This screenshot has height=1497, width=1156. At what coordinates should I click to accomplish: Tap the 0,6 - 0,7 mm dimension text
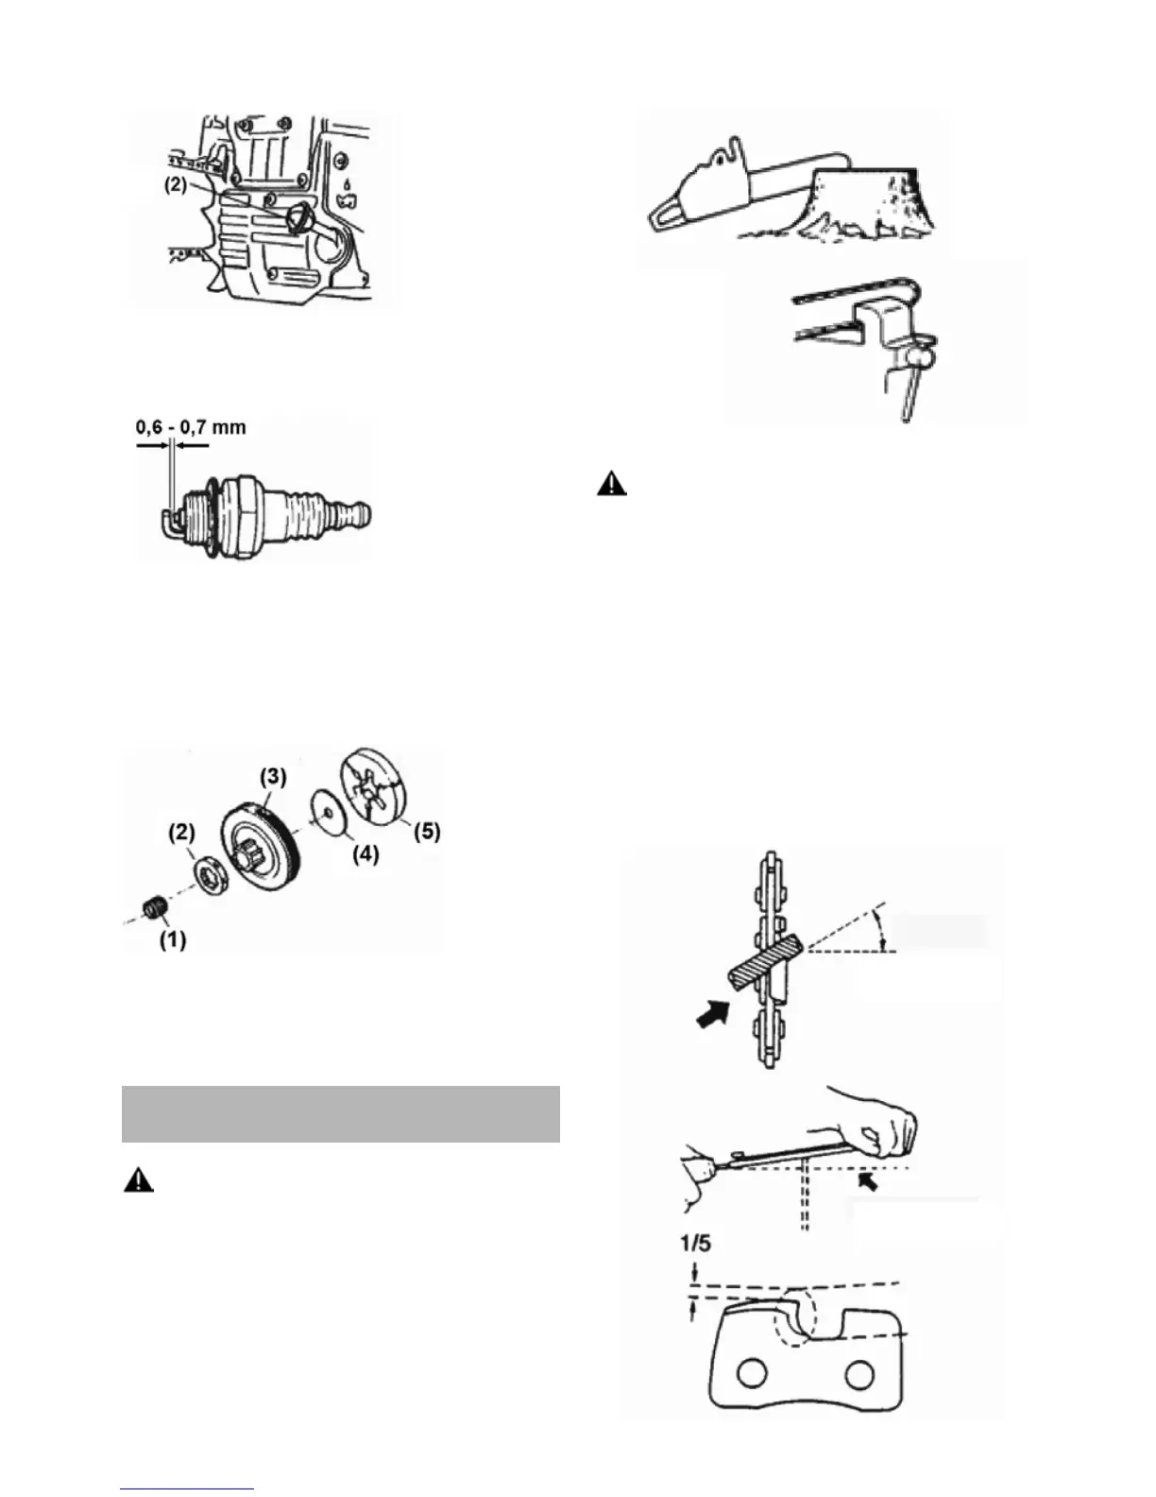(191, 427)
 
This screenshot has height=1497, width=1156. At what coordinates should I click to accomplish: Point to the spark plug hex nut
(246, 512)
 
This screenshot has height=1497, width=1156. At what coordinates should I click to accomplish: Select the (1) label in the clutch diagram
(171, 940)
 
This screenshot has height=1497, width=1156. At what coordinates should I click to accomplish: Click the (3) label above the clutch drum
(272, 777)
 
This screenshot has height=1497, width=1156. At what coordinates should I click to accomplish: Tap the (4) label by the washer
(365, 854)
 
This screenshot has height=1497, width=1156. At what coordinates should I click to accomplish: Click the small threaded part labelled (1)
(153, 909)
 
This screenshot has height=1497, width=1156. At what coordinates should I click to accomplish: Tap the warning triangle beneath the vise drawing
(613, 485)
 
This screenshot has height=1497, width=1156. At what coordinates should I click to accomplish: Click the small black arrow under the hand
(866, 1180)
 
